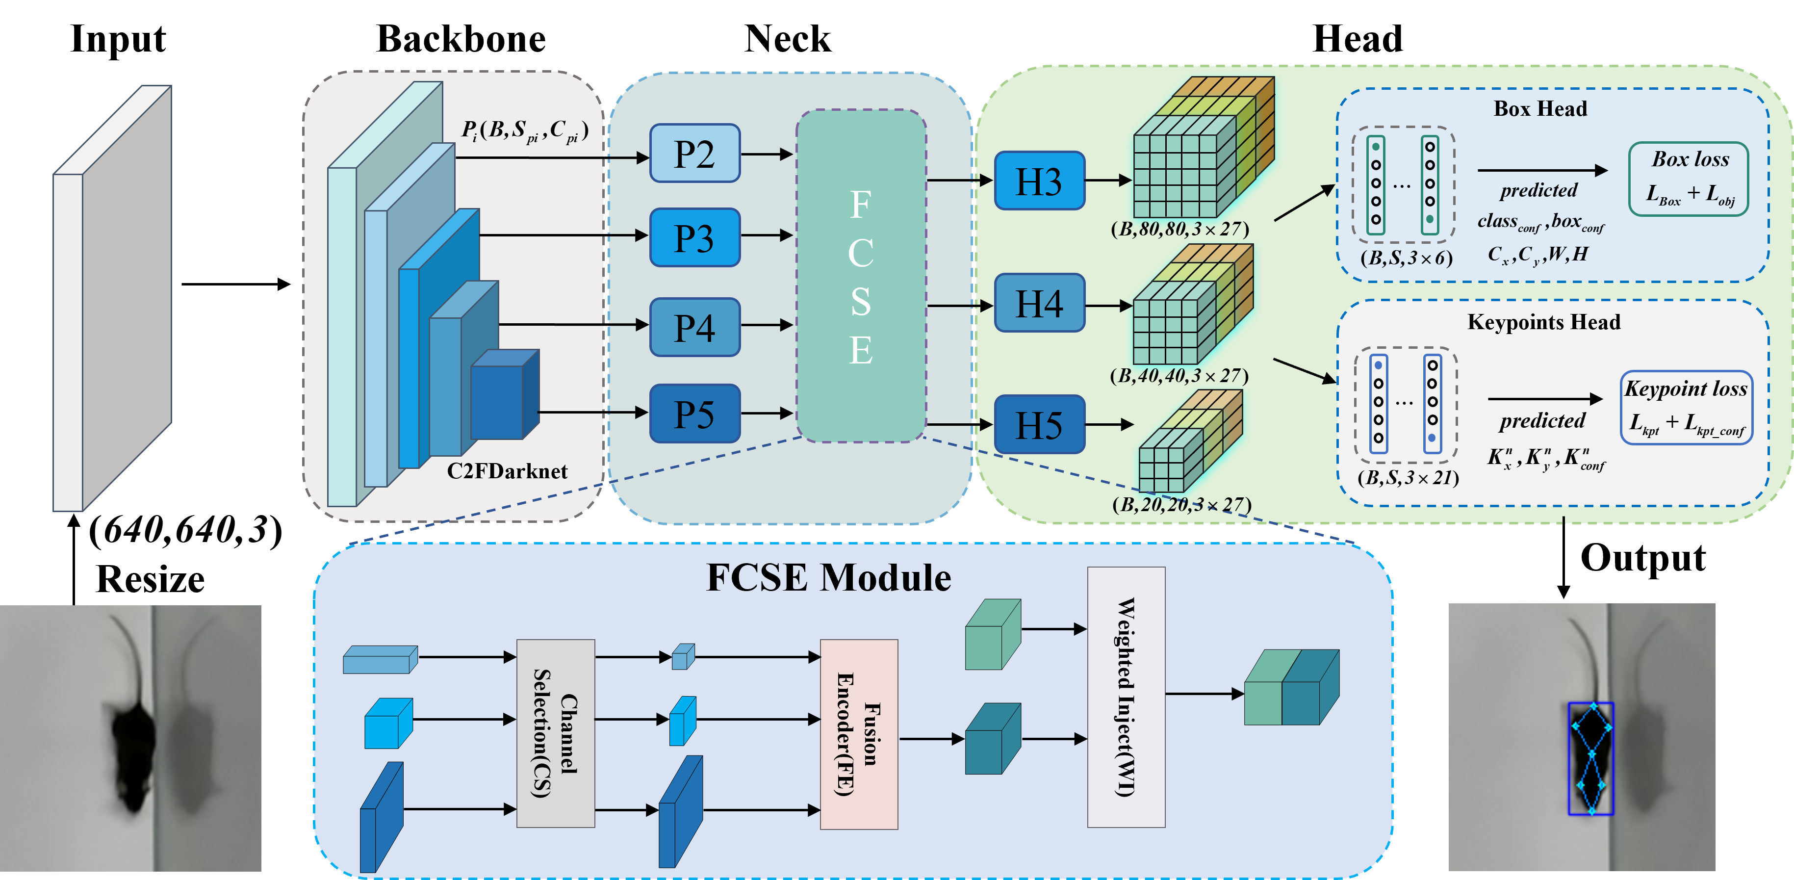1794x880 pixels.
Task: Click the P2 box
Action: pos(694,153)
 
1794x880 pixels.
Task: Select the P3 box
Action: pos(694,237)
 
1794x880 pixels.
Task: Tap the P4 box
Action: pos(694,327)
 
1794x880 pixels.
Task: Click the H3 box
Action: pos(1039,181)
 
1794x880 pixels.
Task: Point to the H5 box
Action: pos(1039,424)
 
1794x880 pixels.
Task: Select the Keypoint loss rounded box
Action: pos(1686,408)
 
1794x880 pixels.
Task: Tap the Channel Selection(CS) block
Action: pos(556,733)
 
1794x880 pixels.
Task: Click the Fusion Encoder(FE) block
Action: pos(859,734)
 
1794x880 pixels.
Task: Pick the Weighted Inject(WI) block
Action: pos(1126,697)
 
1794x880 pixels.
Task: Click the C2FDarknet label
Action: pos(507,472)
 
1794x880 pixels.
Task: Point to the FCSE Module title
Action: pos(829,578)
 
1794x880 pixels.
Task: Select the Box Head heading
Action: pos(1540,109)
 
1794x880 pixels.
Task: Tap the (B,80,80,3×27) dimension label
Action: pos(1179,229)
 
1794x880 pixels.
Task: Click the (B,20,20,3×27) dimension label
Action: pos(1181,504)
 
